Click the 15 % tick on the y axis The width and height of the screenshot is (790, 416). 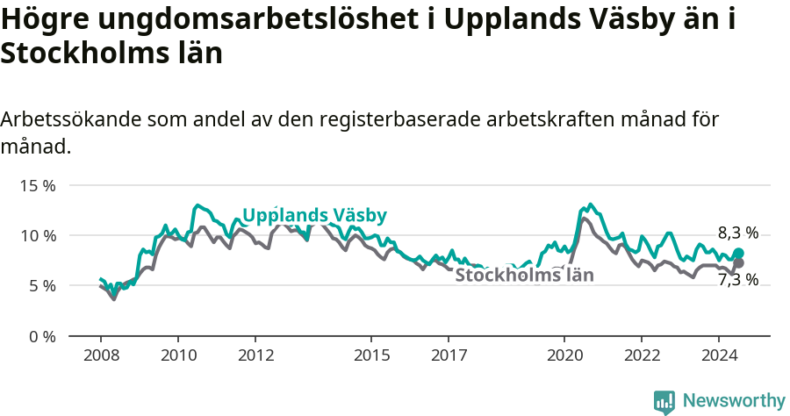pyautogui.click(x=38, y=186)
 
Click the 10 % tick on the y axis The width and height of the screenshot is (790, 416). pyautogui.click(x=38, y=236)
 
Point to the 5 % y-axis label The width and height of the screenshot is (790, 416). pyautogui.click(x=41, y=286)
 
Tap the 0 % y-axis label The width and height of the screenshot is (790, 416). pyautogui.click(x=41, y=336)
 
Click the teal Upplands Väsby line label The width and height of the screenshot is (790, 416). pyautogui.click(x=314, y=215)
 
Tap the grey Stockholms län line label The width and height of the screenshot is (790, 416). pyautogui.click(x=525, y=276)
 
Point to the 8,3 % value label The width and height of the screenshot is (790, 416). pyautogui.click(x=737, y=233)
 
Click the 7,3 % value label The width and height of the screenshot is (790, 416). pyautogui.click(x=737, y=280)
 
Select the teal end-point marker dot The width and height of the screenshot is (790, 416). pyautogui.click(x=738, y=253)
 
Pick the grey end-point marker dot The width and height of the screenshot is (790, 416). pyautogui.click(x=738, y=263)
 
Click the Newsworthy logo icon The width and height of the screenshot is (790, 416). pyautogui.click(x=664, y=402)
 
